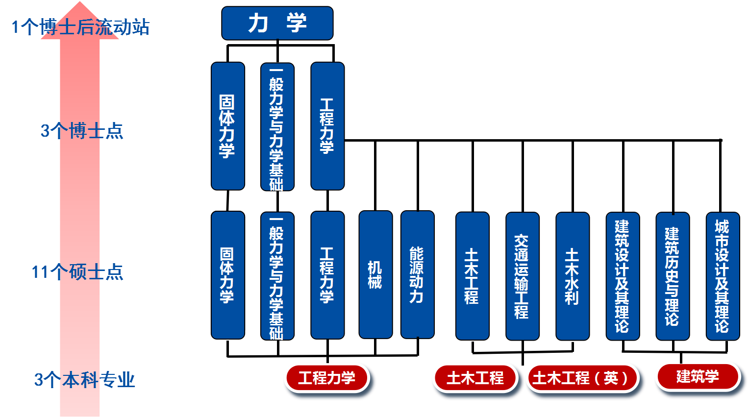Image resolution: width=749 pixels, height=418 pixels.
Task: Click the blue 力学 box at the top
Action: [277, 23]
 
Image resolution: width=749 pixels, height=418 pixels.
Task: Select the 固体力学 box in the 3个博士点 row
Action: [227, 126]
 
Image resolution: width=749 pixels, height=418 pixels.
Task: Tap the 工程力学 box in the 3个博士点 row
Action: [327, 126]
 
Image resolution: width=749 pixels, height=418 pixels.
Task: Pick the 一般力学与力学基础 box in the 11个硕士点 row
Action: [277, 275]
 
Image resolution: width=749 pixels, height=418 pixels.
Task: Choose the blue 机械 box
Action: [375, 274]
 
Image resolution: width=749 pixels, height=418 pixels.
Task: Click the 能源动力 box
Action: [417, 274]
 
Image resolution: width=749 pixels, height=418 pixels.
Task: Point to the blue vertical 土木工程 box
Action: [472, 275]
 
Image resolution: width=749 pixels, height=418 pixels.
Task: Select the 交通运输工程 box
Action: [522, 275]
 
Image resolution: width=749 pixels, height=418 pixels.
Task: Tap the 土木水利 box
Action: [572, 275]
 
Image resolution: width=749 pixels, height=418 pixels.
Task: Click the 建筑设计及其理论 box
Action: [623, 275]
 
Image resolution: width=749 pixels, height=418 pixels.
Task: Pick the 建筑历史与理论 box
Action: [673, 275]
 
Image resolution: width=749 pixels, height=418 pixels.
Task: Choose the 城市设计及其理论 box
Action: [723, 275]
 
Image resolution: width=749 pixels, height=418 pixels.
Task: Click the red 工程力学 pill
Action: [326, 377]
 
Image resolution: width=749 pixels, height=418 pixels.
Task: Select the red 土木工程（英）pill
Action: [582, 378]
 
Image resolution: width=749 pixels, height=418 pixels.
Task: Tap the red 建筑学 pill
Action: [698, 376]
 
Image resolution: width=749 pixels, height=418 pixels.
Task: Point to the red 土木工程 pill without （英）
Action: [474, 377]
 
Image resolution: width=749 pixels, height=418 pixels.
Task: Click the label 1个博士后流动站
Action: [80, 27]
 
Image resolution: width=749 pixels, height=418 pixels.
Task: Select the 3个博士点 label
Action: [81, 131]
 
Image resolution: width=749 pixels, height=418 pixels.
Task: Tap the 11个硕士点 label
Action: [77, 271]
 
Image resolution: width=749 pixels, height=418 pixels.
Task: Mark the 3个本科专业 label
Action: [84, 380]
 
